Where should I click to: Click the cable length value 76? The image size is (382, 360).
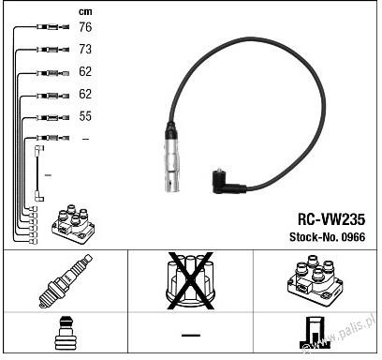pyautogui.click(x=85, y=27)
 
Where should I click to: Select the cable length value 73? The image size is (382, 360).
pyautogui.click(x=85, y=50)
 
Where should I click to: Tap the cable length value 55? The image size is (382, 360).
pyautogui.click(x=85, y=116)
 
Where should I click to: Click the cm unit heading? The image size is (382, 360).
pyautogui.click(x=85, y=12)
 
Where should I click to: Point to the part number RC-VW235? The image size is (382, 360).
pyautogui.click(x=331, y=219)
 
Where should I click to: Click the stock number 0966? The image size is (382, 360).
pyautogui.click(x=353, y=237)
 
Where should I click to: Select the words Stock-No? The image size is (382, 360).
pyautogui.click(x=314, y=237)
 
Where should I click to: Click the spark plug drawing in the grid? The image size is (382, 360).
pyautogui.click(x=66, y=281)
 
